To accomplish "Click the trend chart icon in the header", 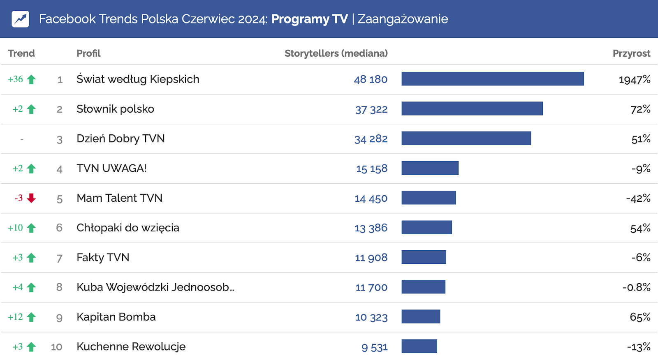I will [x=21, y=19].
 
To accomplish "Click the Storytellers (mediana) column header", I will [x=336, y=53].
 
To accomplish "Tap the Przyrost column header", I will [x=631, y=53].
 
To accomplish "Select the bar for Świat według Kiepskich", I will [x=492, y=79].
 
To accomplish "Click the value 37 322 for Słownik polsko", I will [x=371, y=109].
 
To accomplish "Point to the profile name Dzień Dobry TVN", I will [x=120, y=138].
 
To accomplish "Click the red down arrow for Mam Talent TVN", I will [x=31, y=198].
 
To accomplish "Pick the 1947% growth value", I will [x=634, y=79].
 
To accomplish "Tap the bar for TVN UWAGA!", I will [x=430, y=168].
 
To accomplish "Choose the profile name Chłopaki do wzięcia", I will [x=128, y=228].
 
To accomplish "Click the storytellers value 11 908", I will [x=371, y=258].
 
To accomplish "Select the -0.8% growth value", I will [x=636, y=287].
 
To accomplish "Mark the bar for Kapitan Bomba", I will [x=421, y=317].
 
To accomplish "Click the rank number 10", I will [x=57, y=347].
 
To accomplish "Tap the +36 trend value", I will [x=16, y=79].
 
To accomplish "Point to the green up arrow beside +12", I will [x=31, y=317].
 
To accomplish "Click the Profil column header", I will [x=88, y=53].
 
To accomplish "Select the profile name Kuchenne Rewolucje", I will [x=131, y=346].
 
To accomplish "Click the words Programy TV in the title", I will [x=309, y=19].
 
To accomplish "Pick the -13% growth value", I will [x=638, y=347].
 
